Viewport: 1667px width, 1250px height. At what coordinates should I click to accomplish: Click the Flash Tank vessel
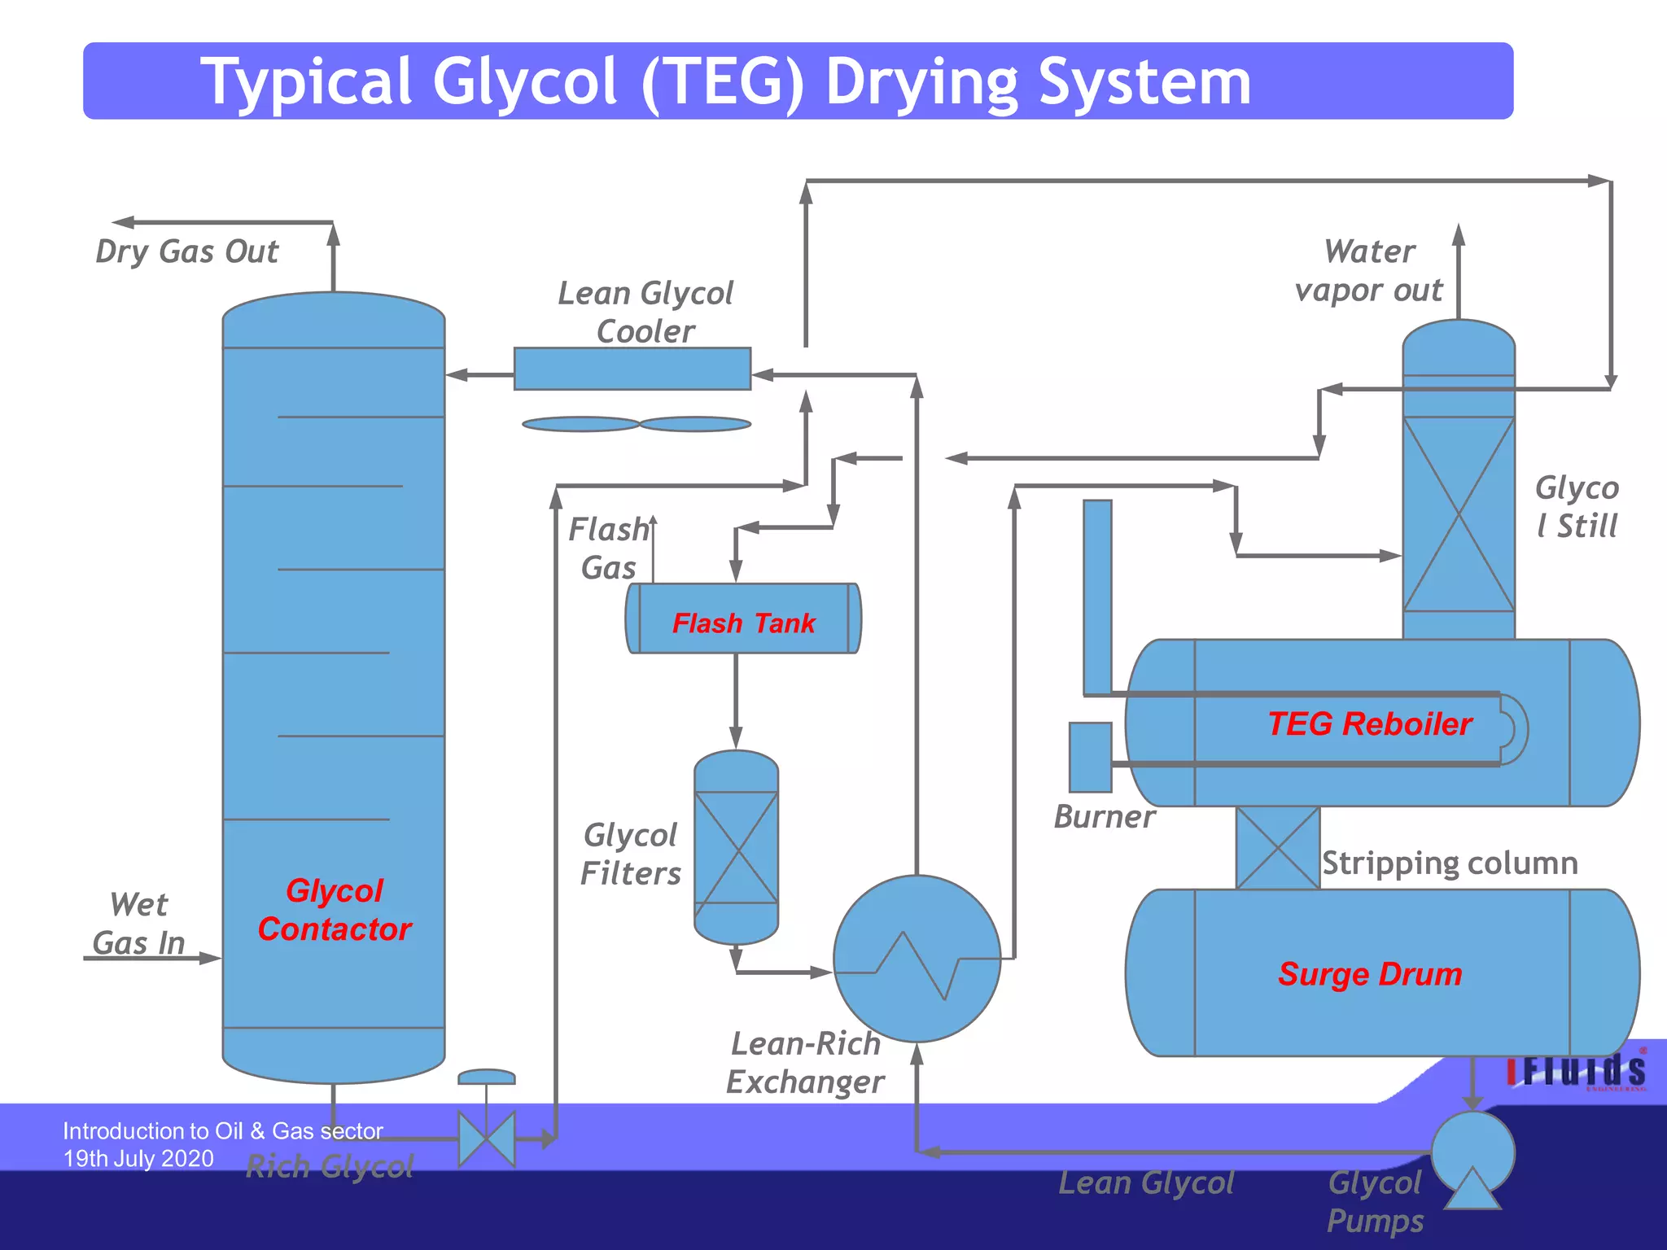pos(742,618)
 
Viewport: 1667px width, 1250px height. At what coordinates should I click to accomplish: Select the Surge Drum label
pos(1370,974)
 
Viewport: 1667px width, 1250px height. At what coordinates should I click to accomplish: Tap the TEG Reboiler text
pos(1370,723)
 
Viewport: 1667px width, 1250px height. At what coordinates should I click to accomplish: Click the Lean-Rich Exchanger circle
pos(917,959)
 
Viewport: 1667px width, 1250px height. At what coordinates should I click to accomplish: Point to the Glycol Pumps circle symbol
pos(1472,1152)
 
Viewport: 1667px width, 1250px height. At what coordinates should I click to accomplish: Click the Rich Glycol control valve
pos(487,1139)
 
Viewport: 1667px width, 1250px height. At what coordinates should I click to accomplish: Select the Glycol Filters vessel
pos(736,847)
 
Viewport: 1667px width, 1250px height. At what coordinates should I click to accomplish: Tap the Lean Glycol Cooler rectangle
pos(632,369)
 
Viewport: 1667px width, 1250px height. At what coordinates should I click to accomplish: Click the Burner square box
pos(1090,757)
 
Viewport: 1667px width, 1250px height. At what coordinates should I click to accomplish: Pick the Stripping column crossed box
pos(1277,848)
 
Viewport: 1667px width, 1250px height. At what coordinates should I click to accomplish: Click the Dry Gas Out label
pos(186,251)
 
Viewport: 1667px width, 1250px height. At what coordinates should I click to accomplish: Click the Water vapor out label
pos(1369,271)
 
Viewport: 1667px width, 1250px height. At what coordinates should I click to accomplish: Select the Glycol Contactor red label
pos(334,910)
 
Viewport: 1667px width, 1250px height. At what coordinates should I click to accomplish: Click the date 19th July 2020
pos(138,1158)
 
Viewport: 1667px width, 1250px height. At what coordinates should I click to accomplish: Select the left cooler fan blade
pos(580,424)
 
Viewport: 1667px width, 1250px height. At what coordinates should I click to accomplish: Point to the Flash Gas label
pos(608,549)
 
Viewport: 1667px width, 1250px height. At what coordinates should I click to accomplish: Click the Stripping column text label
pos(1450,863)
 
